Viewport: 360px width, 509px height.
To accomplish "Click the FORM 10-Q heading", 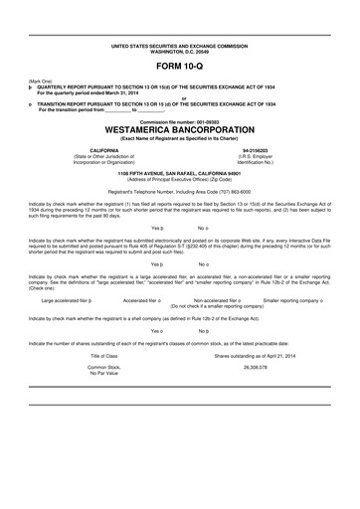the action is tap(180, 66).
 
